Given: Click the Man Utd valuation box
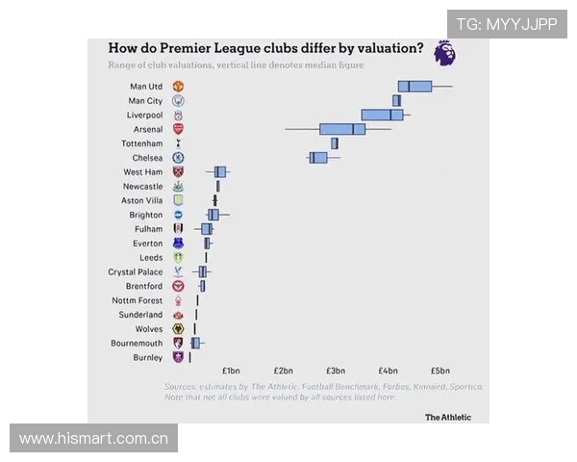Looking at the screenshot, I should (414, 87).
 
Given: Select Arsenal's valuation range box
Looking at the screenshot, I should (342, 129).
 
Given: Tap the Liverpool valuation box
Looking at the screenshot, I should (382, 115).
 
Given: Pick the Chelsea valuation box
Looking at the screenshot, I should (318, 157).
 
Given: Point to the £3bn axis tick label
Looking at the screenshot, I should (335, 371).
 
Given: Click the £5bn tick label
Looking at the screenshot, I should (439, 371).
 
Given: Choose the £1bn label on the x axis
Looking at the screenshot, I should (231, 371).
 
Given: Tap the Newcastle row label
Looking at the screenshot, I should (142, 186).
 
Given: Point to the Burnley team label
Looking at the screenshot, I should (147, 357).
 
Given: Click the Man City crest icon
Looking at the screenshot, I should (178, 100).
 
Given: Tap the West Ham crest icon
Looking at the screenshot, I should (178, 171).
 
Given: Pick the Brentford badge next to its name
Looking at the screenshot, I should (178, 286).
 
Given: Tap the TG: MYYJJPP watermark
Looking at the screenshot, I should (506, 24).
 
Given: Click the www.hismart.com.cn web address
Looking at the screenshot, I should (93, 438).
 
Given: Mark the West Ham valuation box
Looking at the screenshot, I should (220, 171).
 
